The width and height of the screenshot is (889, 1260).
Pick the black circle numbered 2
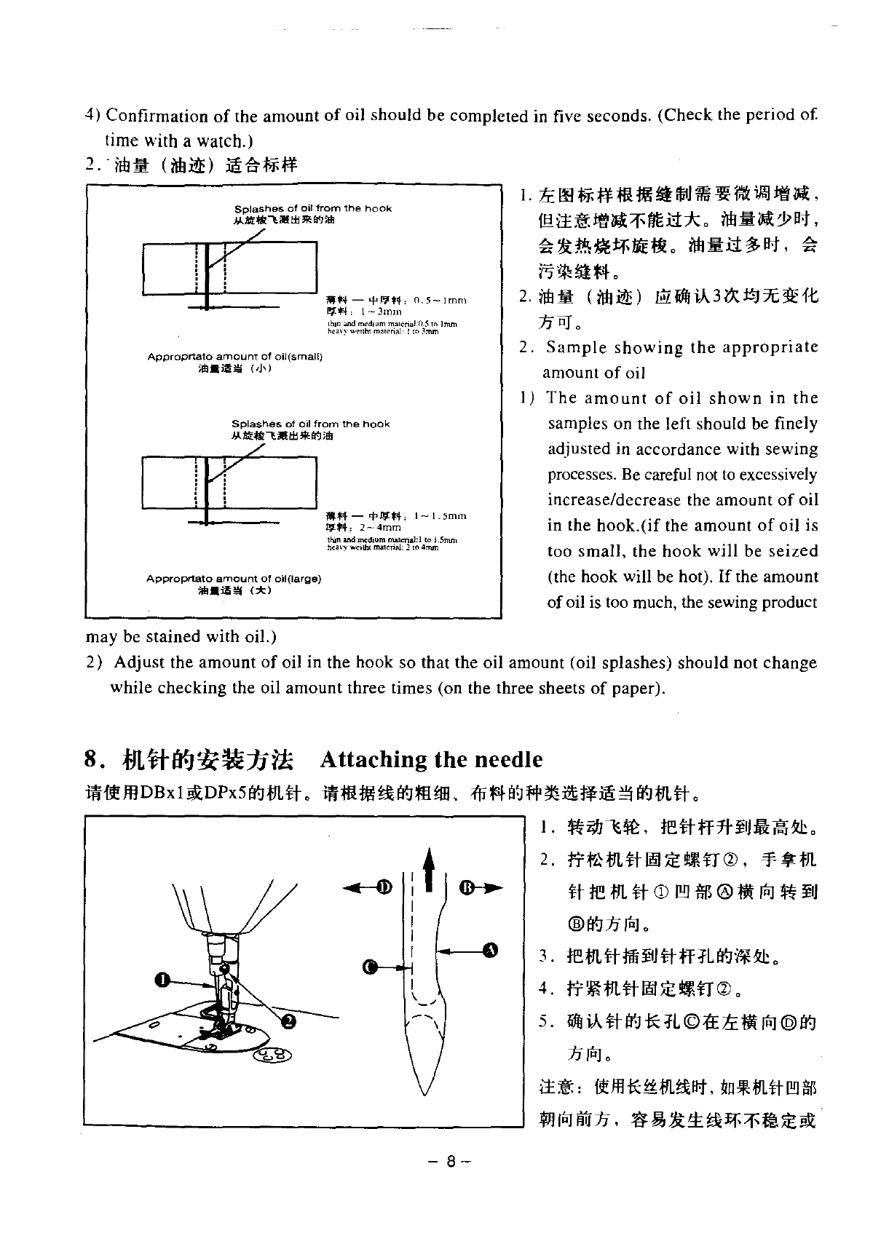[x=289, y=1022]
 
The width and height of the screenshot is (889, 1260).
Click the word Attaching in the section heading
[x=374, y=760]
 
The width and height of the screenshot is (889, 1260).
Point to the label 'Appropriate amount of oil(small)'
[x=234, y=357]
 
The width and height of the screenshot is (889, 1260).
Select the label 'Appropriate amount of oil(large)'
[x=234, y=579]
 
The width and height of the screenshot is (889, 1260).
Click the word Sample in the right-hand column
[x=576, y=347]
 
